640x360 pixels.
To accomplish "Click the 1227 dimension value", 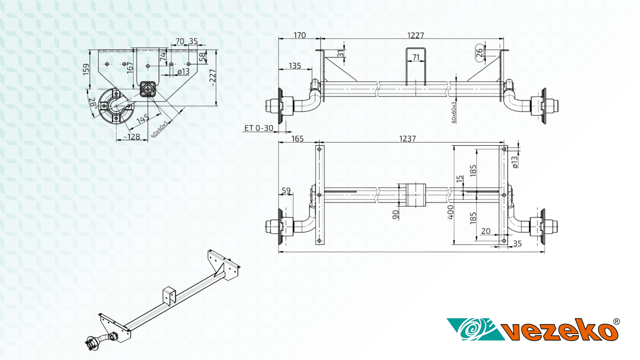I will pos(416,35).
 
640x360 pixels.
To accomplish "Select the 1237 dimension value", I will pos(407,138).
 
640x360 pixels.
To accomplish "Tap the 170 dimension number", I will pos(299,35).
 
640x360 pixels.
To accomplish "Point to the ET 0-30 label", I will pos(259,128).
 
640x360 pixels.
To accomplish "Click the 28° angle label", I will pos(93,102).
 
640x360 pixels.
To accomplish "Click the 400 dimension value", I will pos(451,212).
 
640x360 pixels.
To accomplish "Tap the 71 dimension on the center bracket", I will pos(416,58).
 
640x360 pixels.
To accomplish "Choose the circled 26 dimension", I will pos(480,52).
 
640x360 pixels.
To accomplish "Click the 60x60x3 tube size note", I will pos(454,112).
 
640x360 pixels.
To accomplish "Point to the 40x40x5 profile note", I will pos(159,129).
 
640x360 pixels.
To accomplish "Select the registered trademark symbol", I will pos(616,322).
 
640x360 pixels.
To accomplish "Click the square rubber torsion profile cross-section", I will pos(148,89).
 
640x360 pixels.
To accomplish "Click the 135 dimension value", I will pos(294,66).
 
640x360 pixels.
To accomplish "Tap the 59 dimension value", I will pos(286,190).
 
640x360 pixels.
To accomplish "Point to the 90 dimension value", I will pos(396,215).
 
